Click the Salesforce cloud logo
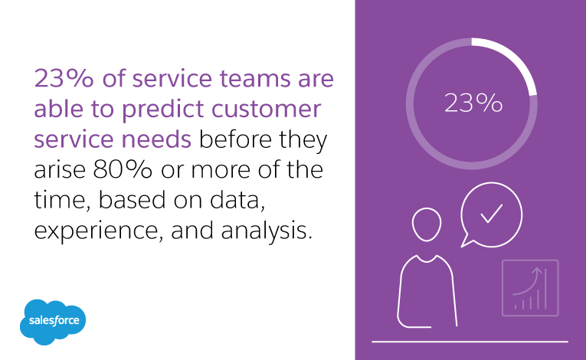click(54, 320)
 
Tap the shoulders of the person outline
click(427, 268)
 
